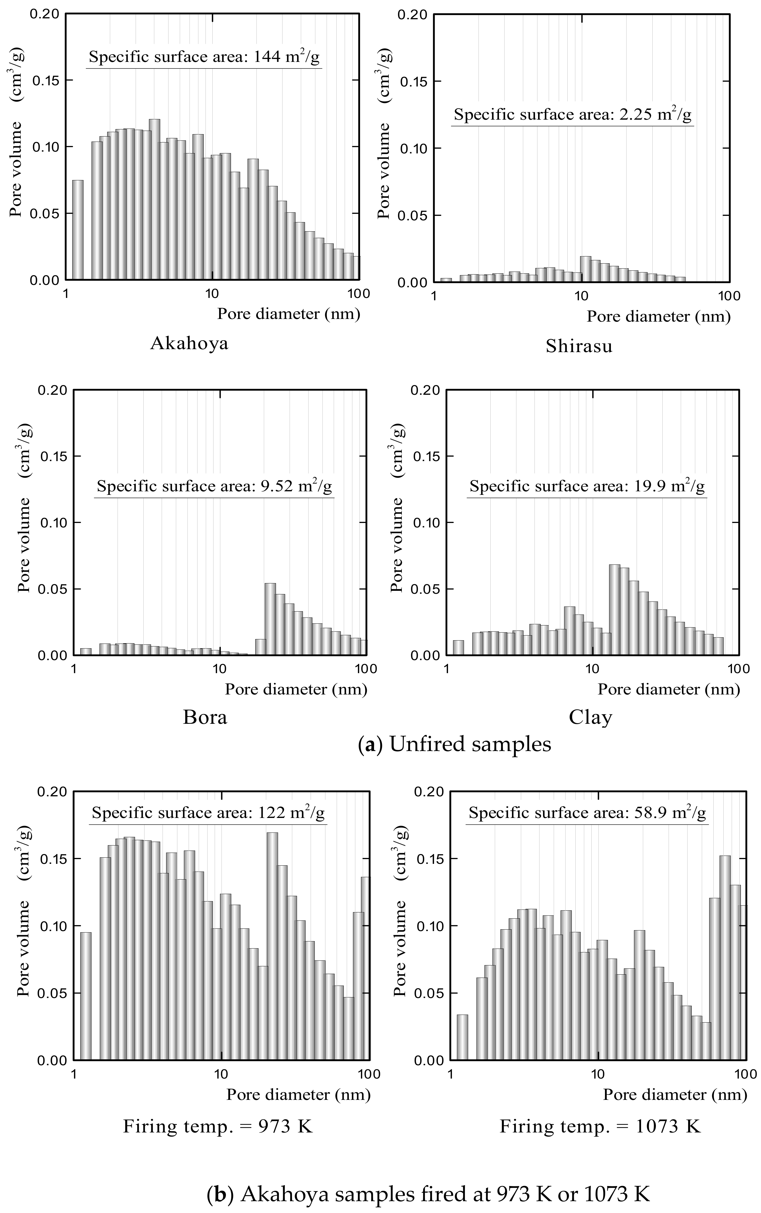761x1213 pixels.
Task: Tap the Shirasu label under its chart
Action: point(579,346)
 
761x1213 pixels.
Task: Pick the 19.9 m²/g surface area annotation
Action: point(587,486)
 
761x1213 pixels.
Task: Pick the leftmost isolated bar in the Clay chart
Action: point(458,648)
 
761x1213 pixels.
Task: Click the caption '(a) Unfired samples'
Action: point(455,744)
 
